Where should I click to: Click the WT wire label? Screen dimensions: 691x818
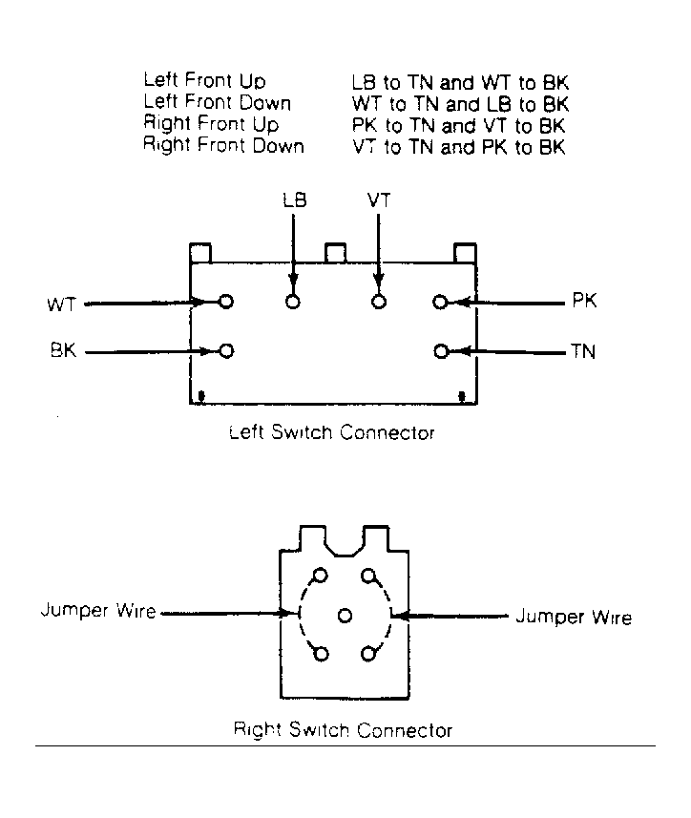(x=61, y=304)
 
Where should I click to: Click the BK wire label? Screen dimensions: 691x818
(x=64, y=350)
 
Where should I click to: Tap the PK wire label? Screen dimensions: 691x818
(x=585, y=301)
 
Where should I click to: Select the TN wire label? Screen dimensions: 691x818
(x=583, y=351)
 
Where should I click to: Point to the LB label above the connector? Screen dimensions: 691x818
(x=295, y=200)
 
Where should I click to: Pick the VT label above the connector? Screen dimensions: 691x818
(x=379, y=200)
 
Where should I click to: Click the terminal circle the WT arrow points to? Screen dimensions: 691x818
(x=226, y=302)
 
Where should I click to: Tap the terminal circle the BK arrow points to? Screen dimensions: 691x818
(x=226, y=351)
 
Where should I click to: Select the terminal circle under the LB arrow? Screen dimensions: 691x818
(x=293, y=302)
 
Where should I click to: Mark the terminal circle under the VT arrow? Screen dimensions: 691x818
(x=379, y=302)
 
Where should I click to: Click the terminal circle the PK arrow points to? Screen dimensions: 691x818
(x=440, y=302)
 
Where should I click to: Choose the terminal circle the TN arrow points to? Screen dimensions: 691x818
(x=441, y=352)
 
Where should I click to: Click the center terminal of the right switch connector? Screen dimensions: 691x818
(x=345, y=616)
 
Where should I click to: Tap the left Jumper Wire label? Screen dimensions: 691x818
(x=98, y=610)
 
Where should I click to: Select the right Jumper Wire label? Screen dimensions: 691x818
(x=574, y=618)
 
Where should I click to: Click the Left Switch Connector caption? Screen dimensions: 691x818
(x=332, y=432)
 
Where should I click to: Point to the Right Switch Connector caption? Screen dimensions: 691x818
(x=343, y=730)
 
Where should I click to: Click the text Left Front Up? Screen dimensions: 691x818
(x=204, y=81)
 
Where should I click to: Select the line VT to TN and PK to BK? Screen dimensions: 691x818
(x=458, y=147)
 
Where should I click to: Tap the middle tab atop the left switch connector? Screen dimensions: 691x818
(x=335, y=253)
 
